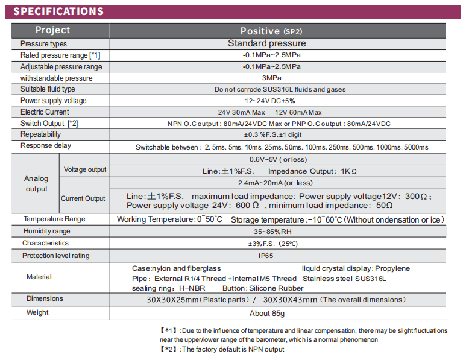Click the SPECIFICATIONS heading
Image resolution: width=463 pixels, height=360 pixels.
pos(58,11)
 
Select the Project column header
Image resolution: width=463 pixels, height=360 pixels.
pos(52,30)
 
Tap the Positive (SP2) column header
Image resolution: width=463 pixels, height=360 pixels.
pos(271,31)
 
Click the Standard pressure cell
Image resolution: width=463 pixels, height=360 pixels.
pos(266,43)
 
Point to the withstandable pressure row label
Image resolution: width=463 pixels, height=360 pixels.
pos(56,78)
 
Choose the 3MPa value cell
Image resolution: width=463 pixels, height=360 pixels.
pos(271,78)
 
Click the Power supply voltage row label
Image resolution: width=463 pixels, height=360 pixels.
pos(53,101)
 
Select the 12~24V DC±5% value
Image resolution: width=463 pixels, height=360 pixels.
pos(269,101)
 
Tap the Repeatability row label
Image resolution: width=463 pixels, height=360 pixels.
pos(40,134)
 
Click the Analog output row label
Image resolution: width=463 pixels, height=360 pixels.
pos(36,183)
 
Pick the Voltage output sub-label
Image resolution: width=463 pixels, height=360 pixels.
pos(85,169)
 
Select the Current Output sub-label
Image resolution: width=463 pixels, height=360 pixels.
pos(83,198)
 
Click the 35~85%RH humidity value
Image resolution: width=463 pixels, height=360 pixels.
pos(271,231)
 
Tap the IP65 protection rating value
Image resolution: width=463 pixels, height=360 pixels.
pos(267,256)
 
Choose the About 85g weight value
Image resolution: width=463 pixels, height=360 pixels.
pos(267,313)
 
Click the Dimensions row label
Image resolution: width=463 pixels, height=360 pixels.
pos(45,298)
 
